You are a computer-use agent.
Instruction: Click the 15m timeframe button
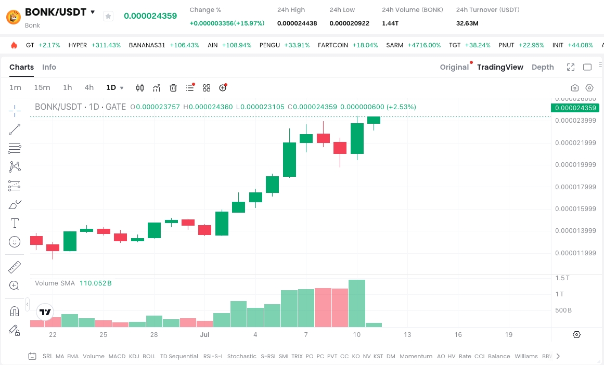pyautogui.click(x=42, y=87)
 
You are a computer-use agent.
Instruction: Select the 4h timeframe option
pyautogui.click(x=89, y=87)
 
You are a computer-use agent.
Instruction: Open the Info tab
pyautogui.click(x=49, y=67)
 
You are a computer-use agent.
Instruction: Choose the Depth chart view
pyautogui.click(x=543, y=67)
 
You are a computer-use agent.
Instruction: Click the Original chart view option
pyautogui.click(x=454, y=67)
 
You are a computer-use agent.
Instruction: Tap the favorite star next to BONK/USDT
pyautogui.click(x=108, y=16)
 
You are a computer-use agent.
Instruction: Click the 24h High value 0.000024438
pyautogui.click(x=297, y=23)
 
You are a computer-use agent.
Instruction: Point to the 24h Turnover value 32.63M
pyautogui.click(x=467, y=23)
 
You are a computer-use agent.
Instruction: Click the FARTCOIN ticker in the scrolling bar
pyautogui.click(x=333, y=45)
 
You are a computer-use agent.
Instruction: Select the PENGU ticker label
pyautogui.click(x=269, y=45)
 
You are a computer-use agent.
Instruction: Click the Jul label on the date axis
pyautogui.click(x=204, y=334)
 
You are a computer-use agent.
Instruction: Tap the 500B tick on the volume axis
pyautogui.click(x=563, y=310)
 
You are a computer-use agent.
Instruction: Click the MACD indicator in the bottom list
pyautogui.click(x=117, y=356)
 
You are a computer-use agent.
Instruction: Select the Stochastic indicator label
pyautogui.click(x=241, y=356)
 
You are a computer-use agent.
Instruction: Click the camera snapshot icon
pyautogui.click(x=575, y=88)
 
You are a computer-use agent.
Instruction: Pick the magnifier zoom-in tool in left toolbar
pyautogui.click(x=15, y=285)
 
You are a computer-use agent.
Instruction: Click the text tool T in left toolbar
pyautogui.click(x=15, y=223)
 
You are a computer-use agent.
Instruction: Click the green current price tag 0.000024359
pyautogui.click(x=576, y=108)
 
